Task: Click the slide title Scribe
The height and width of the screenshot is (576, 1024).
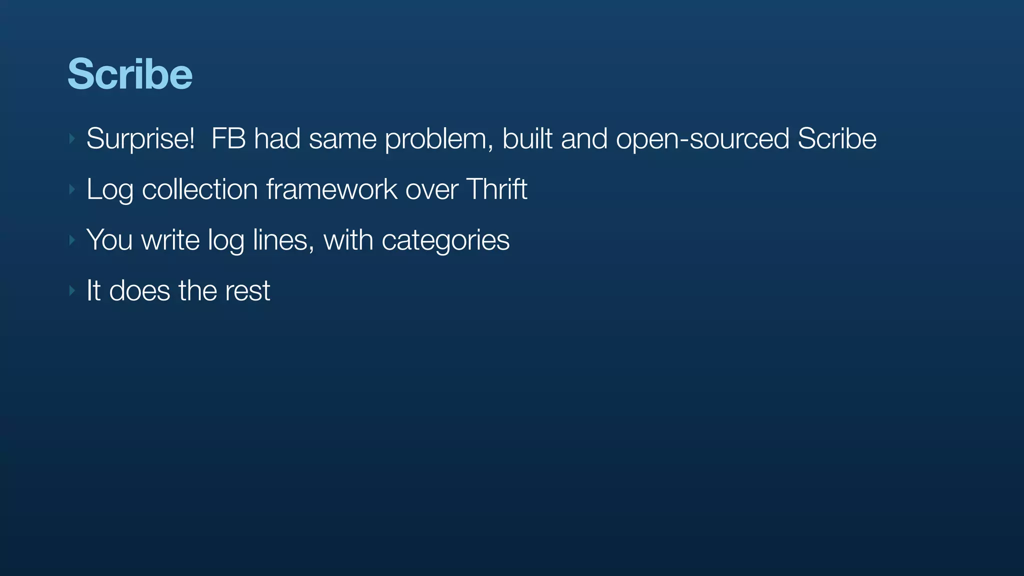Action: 130,74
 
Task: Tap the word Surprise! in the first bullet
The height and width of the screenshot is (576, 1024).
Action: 140,138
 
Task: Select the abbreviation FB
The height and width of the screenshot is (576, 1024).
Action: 228,138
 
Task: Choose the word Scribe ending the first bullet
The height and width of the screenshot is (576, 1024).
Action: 836,138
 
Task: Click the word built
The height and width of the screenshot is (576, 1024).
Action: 527,138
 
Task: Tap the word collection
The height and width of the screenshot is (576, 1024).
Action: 200,189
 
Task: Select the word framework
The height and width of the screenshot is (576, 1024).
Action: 331,189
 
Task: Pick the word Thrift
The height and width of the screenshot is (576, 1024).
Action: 496,189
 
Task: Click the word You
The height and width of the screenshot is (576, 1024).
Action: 109,240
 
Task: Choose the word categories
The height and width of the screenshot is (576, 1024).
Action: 445,241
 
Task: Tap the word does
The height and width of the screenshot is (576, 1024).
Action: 139,290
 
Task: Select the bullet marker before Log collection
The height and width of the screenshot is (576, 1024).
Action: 72,189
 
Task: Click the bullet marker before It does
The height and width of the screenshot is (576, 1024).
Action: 72,290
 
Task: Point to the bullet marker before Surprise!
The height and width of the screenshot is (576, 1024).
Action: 72,138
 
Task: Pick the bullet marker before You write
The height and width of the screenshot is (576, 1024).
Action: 72,240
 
